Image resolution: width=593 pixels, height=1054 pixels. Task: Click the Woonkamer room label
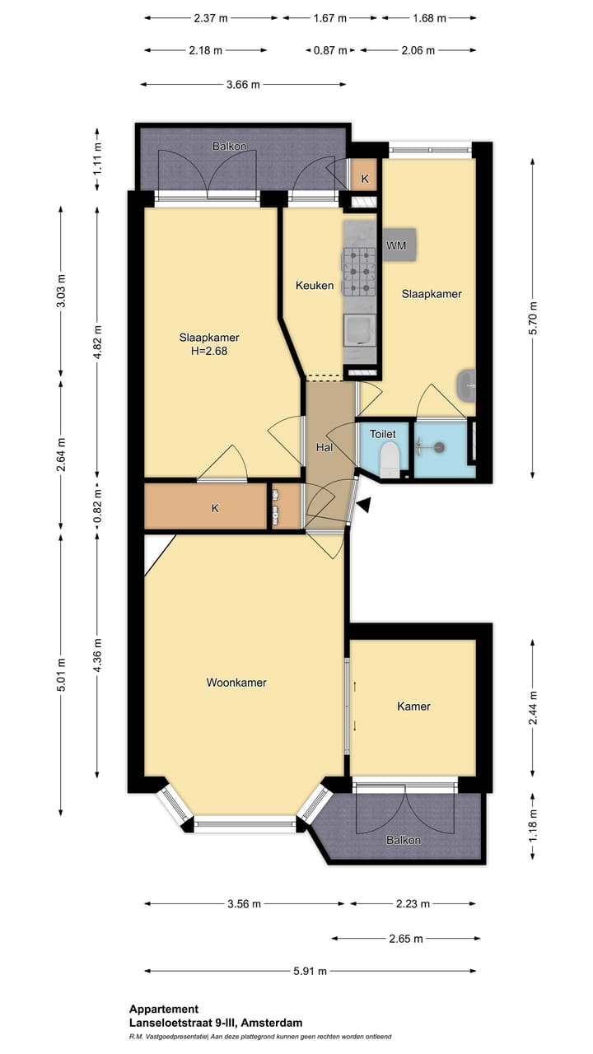[x=236, y=683]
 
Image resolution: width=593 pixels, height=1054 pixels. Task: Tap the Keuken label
[x=315, y=285]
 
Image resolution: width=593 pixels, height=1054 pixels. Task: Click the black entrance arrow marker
[x=364, y=505]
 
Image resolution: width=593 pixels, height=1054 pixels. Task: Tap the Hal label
[x=325, y=447]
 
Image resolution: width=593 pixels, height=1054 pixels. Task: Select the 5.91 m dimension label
[x=311, y=971]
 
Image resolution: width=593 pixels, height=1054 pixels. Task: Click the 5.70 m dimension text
[x=533, y=318]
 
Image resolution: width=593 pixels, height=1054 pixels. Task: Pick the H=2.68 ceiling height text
[x=209, y=351]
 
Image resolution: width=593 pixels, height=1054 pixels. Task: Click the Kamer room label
[x=413, y=706]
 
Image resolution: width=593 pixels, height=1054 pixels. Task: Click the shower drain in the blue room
[x=439, y=447]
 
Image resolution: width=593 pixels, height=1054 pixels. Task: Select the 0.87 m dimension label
[x=330, y=50]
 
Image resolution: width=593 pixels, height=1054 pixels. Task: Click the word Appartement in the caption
[x=164, y=1009]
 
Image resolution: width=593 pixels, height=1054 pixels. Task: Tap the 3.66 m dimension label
[x=243, y=85]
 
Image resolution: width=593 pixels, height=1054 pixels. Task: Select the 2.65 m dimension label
[x=406, y=939]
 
